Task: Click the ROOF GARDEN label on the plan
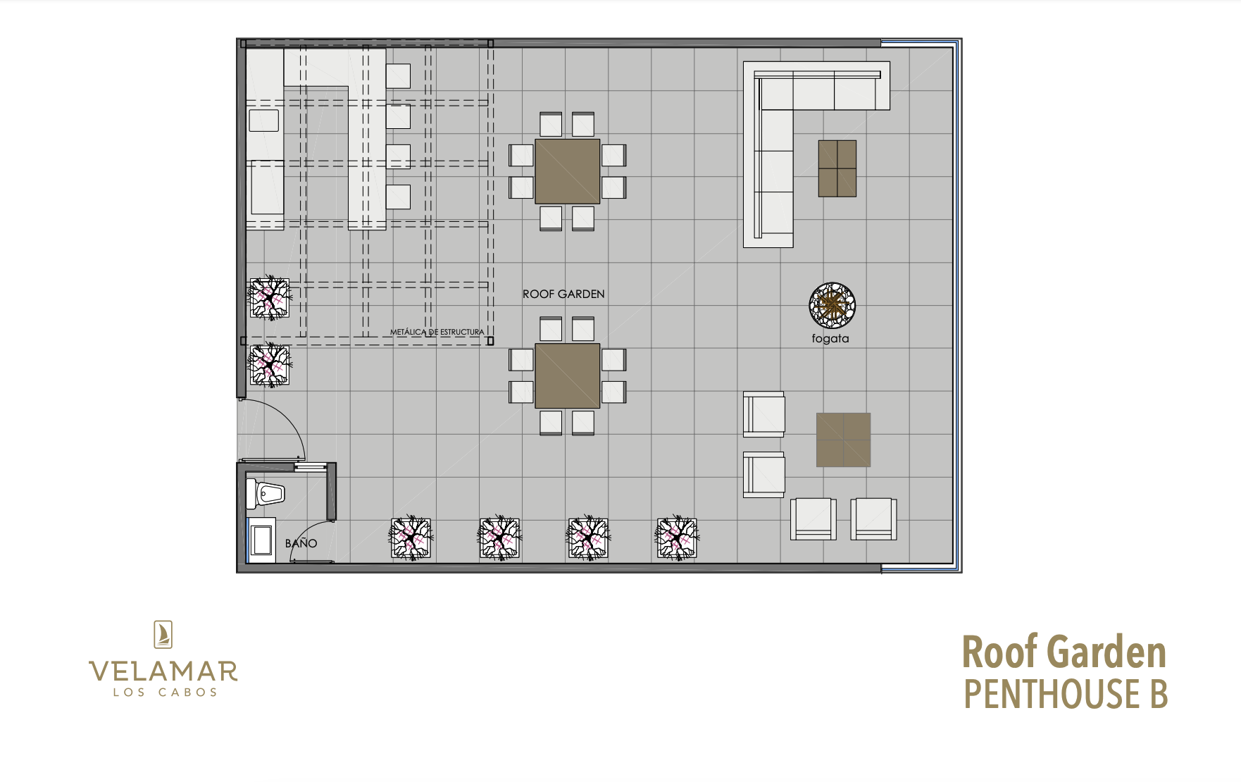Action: click(563, 294)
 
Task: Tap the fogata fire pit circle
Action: click(832, 306)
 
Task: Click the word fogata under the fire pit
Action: click(830, 339)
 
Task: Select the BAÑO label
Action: click(301, 543)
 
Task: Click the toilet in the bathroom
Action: click(265, 493)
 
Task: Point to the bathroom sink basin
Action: click(263, 540)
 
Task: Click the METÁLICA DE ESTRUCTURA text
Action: click(437, 332)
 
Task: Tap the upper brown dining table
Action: click(567, 171)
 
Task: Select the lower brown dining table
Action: click(567, 376)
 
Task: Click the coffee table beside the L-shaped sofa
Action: click(837, 168)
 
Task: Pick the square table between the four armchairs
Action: click(843, 440)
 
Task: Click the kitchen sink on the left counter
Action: click(264, 120)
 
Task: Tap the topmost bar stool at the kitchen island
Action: click(398, 76)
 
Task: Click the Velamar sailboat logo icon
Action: click(163, 635)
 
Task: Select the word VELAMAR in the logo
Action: click(163, 671)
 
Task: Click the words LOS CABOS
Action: click(166, 693)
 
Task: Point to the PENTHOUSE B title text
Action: click(1066, 694)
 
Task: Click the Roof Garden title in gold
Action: click(1064, 652)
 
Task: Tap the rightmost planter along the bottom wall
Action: click(677, 539)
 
